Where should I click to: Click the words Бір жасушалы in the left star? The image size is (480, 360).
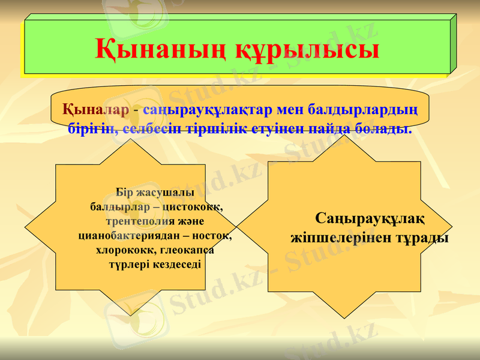click(154, 193)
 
